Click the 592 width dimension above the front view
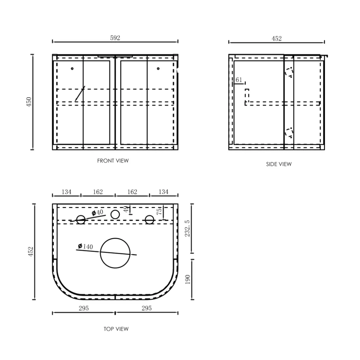pyautogui.click(x=115, y=38)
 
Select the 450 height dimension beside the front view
pyautogui.click(x=29, y=102)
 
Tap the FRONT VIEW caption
pyautogui.click(x=113, y=161)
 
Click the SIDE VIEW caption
pyautogui.click(x=279, y=164)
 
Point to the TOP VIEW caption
pyautogui.click(x=116, y=329)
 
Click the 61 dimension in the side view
pyautogui.click(x=239, y=80)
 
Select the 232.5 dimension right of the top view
pyautogui.click(x=187, y=228)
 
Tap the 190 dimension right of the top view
pyautogui.click(x=188, y=279)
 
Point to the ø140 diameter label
pyautogui.click(x=85, y=247)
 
